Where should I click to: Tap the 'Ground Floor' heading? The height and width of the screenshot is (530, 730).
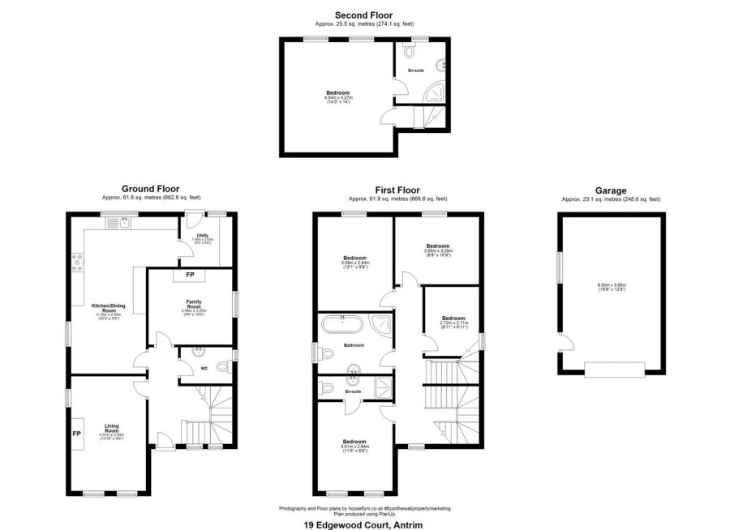[151, 189]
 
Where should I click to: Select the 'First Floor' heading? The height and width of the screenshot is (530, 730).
[397, 189]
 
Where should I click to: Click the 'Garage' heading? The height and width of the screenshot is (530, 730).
[611, 190]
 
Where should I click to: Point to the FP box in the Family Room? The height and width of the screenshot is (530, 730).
[190, 276]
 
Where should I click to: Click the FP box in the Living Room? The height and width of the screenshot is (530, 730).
[77, 434]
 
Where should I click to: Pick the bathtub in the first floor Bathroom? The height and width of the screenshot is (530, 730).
[343, 327]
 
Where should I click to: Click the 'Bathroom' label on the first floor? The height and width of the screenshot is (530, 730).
[354, 345]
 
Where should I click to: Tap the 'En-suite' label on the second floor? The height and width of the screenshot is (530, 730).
[416, 71]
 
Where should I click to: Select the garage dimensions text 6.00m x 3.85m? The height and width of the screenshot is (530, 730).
[611, 284]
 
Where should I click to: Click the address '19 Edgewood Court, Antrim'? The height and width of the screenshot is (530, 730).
[365, 524]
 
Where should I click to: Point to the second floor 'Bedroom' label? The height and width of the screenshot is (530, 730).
[337, 93]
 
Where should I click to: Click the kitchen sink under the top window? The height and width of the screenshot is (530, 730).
[122, 222]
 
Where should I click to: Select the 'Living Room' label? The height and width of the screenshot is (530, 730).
[112, 427]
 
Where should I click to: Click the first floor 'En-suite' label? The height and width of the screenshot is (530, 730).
[353, 392]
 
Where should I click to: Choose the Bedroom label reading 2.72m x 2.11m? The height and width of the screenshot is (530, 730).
[453, 318]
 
